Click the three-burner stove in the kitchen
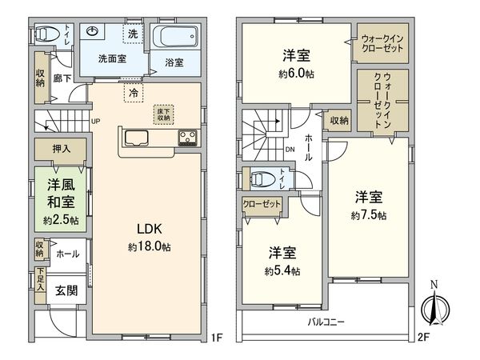pos(188,137)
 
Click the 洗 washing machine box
pos(134,36)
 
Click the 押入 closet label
pos(61,148)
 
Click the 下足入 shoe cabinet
pos(39,281)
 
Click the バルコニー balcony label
pos(327,322)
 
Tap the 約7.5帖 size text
pos(368,216)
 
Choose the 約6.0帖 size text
pos(296,74)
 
